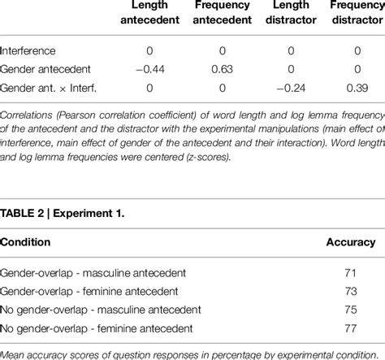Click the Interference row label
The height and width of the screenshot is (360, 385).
[29, 50]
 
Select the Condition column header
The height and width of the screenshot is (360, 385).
[26, 241]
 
